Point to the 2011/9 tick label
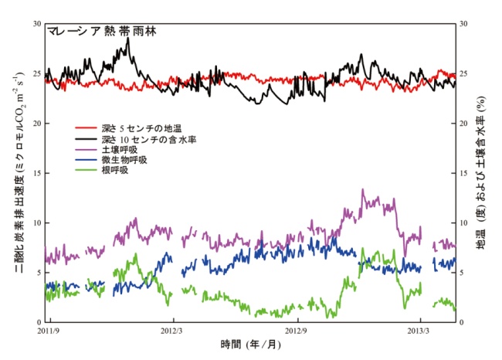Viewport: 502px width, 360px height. (x=49, y=331)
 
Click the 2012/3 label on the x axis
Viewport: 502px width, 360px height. (x=173, y=331)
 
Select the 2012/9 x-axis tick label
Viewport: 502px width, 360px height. (x=298, y=331)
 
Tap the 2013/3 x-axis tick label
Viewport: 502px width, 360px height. (x=420, y=331)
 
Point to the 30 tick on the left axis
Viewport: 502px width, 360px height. (x=36, y=25)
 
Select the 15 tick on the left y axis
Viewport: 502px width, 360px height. (x=36, y=173)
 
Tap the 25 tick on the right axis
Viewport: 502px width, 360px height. (x=465, y=74)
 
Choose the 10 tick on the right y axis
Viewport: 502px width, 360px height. (x=465, y=223)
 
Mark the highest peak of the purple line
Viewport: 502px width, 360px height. (x=363, y=189)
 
